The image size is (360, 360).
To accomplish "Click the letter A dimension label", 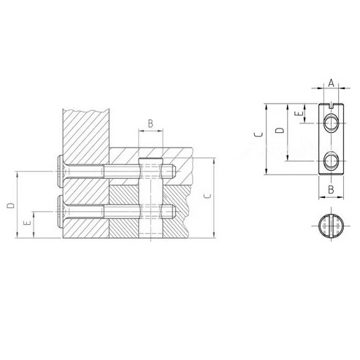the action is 331,83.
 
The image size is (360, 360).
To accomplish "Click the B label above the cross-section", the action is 150,123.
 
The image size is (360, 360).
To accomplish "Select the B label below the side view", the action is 331,189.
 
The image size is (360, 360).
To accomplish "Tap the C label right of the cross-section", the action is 207,196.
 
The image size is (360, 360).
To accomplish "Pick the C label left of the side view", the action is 258,135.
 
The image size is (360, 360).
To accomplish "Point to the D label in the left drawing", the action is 10,206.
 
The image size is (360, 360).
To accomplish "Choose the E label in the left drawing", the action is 28,223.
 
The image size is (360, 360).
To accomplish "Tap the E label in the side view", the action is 299,114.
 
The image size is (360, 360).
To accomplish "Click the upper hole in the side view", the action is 331,123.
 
